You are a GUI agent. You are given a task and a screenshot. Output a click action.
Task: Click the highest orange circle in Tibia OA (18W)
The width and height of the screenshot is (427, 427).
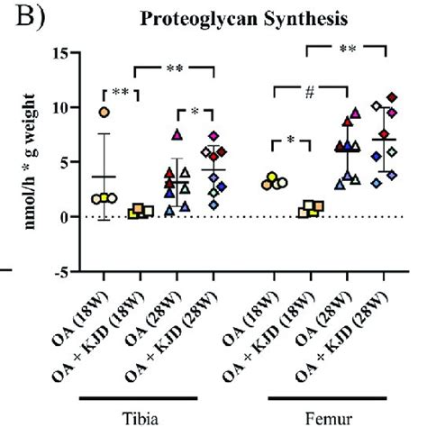point(105,112)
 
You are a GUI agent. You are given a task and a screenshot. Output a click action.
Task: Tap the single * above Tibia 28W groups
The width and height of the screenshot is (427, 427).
point(195,112)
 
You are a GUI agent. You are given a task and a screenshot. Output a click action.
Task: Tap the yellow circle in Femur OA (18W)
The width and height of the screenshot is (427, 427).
point(281,183)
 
